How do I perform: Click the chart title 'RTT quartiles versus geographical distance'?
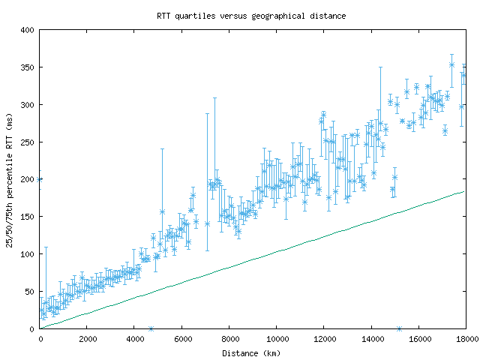pos(251,15)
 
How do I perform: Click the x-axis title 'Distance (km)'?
pos(251,352)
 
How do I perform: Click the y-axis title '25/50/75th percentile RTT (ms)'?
pos(10,178)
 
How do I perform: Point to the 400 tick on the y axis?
pos(28,30)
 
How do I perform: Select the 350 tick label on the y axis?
pos(28,67)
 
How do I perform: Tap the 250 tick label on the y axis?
pos(28,142)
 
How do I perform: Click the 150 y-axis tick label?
pos(28,217)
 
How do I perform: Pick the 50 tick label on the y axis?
pos(30,291)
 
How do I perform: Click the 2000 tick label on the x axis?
pos(87,338)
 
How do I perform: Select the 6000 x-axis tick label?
pos(181,338)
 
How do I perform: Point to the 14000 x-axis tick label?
pos(370,338)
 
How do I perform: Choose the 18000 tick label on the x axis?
pos(465,338)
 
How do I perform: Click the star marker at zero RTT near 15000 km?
pos(399,328)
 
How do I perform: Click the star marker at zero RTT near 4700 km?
pos(151,328)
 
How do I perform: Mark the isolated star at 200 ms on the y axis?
pos(40,179)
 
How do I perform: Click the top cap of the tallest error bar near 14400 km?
pos(380,67)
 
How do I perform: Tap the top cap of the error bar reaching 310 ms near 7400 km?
pos(214,97)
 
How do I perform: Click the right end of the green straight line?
pos(465,192)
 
